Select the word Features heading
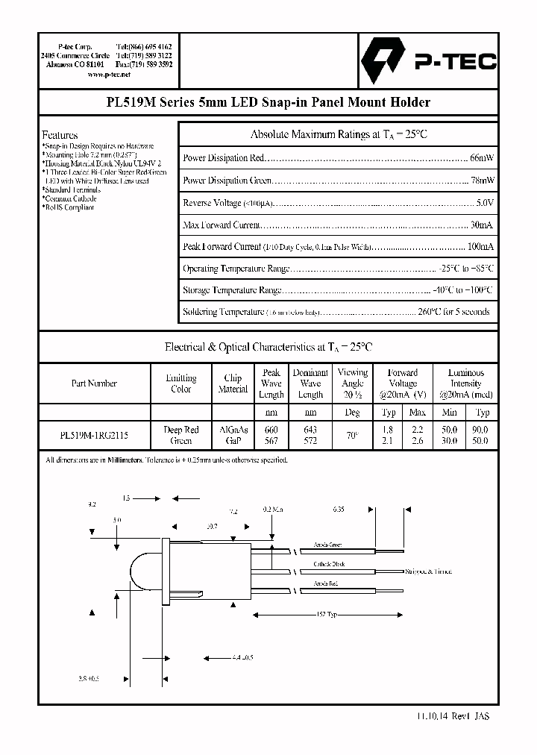60,135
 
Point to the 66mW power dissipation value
480,158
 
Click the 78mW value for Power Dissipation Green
480,181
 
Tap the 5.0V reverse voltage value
483,203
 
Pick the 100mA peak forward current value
479,246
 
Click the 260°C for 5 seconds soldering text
453,312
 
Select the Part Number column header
94,383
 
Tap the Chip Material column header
233,383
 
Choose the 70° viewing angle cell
352,435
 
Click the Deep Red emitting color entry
181,430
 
